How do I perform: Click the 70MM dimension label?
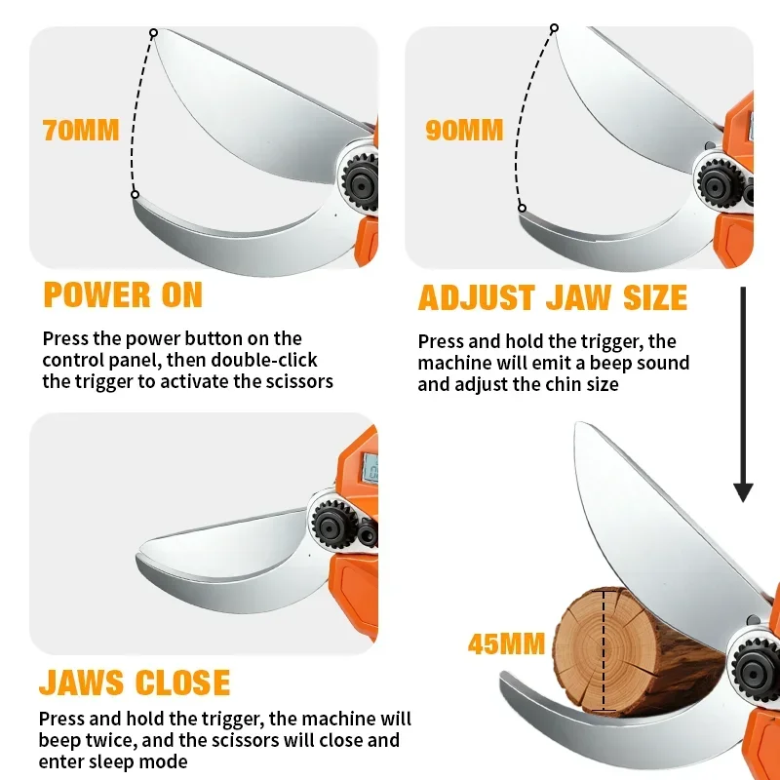[81, 131]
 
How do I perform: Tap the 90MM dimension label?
[465, 131]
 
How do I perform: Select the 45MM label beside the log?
[506, 643]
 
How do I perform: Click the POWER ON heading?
[124, 294]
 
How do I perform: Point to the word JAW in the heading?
[578, 297]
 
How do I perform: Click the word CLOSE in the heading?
[182, 682]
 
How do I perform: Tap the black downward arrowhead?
[743, 492]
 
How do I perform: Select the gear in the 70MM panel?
[361, 181]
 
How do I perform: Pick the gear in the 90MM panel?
[717, 184]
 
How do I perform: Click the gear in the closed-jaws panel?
[331, 525]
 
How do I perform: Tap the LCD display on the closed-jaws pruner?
[370, 468]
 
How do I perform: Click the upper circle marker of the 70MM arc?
[154, 33]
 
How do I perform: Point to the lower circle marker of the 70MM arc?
[135, 194]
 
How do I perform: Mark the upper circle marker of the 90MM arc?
[554, 28]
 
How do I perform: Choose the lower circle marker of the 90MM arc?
[522, 208]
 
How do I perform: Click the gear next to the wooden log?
[755, 671]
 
